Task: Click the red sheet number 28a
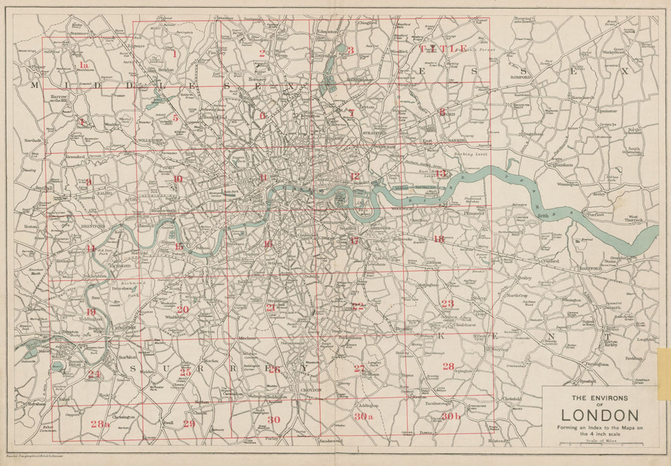coord(99,424)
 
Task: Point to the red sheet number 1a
coord(83,65)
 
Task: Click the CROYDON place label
coord(310,389)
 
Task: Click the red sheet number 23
coord(448,304)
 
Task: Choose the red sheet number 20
coord(183,310)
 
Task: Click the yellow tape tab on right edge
coord(664,373)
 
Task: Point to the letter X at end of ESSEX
coord(624,70)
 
